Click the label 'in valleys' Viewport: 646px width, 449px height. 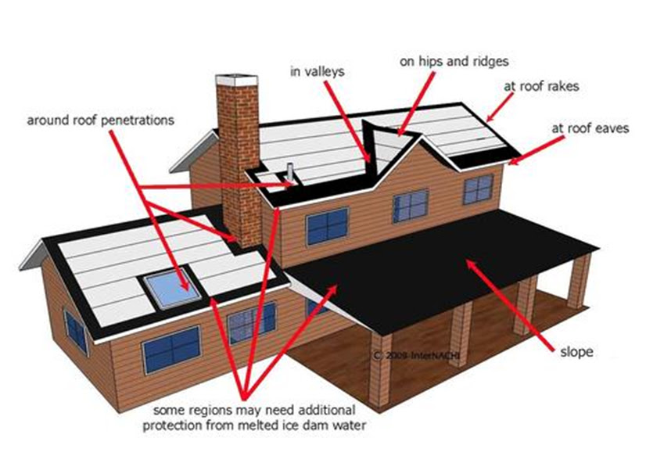pos(318,72)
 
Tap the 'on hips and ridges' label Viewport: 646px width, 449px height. pos(454,62)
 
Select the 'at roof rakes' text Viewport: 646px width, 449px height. pos(541,87)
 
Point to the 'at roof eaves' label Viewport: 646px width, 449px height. pos(590,128)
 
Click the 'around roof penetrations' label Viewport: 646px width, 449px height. pos(101,120)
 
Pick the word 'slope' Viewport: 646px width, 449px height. pos(576,352)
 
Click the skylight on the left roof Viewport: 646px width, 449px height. pos(172,289)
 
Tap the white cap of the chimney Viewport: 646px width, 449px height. pos(237,80)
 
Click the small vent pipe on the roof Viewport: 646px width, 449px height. pos(290,173)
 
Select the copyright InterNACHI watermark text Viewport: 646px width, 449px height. pos(416,355)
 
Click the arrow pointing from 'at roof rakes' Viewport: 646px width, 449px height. pos(500,107)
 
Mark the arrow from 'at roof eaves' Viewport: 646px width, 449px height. pos(536,151)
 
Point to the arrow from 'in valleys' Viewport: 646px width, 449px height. pos(347,121)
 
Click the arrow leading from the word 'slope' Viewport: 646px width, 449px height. pos(510,305)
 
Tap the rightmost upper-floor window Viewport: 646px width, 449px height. pos(479,189)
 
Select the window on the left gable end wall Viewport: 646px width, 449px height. pos(76,332)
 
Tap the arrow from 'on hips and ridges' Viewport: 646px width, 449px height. pos(416,104)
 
